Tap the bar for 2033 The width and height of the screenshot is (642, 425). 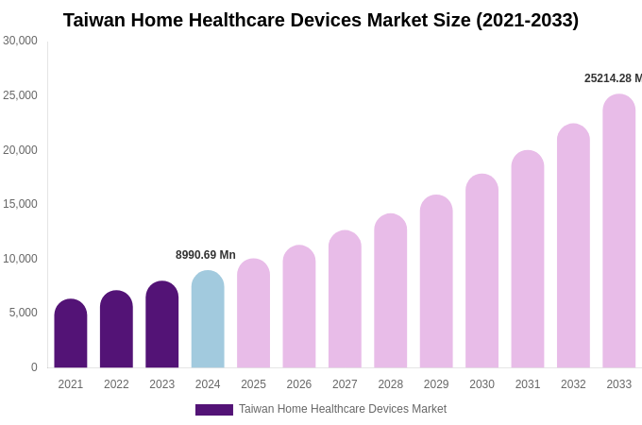[x=619, y=231]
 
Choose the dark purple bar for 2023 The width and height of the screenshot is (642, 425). [x=162, y=325]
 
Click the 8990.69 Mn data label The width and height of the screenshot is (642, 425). [x=206, y=255]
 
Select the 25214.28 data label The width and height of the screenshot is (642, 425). [x=613, y=78]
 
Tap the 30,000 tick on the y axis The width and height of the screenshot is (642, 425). [x=20, y=41]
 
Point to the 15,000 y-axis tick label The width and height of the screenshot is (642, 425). [x=20, y=204]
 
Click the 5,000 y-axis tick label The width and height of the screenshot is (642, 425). [x=24, y=313]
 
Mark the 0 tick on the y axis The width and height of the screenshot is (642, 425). [x=34, y=367]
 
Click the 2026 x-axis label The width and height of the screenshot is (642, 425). [x=299, y=384]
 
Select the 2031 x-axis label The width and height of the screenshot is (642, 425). [x=528, y=384]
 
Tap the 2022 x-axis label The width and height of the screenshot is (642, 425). [x=116, y=384]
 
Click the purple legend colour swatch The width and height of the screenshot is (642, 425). [x=214, y=410]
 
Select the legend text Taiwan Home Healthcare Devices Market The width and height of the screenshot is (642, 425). [x=343, y=409]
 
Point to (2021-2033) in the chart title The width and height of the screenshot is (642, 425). [x=527, y=20]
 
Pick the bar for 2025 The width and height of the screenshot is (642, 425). [x=253, y=314]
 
